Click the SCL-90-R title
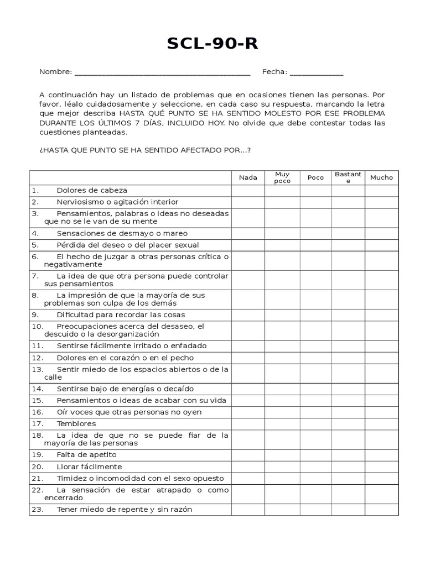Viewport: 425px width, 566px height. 212,44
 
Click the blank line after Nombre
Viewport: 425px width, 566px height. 162,72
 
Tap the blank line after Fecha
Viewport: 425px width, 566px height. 316,72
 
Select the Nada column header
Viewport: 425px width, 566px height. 248,177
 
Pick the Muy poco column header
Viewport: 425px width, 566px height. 282,177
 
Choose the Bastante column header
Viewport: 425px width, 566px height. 348,177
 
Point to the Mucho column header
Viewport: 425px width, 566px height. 381,177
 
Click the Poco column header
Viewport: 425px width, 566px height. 315,177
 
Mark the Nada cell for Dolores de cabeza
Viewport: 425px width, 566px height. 248,191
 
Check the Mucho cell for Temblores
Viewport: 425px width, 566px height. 381,424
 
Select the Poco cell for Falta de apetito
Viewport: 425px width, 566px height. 315,455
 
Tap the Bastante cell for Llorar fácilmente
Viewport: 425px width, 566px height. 348,467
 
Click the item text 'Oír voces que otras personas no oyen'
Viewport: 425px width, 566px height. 129,412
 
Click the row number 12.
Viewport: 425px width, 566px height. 37,358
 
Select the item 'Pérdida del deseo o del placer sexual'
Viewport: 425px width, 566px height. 128,245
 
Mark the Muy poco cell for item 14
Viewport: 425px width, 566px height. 282,389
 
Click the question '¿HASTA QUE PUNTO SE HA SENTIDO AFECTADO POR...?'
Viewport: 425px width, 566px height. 145,150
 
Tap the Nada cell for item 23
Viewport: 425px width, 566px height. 248,510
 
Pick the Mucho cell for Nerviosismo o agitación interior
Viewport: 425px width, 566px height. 381,202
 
